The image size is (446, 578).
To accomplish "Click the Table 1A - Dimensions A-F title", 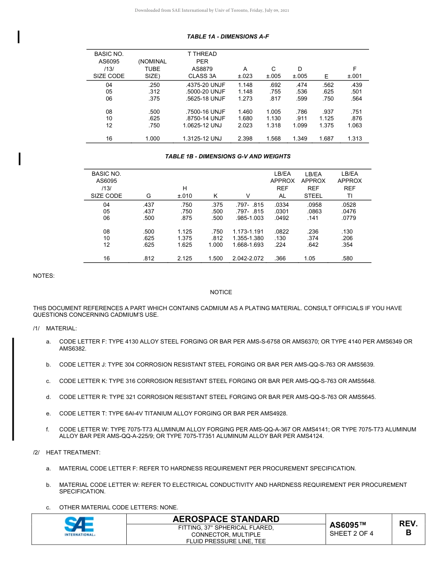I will click(x=228, y=36).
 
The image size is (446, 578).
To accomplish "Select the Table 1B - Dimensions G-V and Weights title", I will click(x=228, y=156).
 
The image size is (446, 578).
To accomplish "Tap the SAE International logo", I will click(x=79, y=526).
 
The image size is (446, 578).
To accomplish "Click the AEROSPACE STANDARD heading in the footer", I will click(x=226, y=519).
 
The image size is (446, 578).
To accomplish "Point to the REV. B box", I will click(x=408, y=528).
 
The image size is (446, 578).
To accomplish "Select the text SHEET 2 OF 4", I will click(x=351, y=533).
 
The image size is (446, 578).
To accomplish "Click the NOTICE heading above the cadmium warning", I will click(x=221, y=292).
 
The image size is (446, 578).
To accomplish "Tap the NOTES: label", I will click(x=44, y=276).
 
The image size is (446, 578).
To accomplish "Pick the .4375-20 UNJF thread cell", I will click(x=206, y=85).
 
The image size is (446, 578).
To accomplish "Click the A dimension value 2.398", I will click(x=245, y=139).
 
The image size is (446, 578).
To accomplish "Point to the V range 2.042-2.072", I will click(x=248, y=258).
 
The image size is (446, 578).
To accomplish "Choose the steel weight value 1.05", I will click(x=309, y=258).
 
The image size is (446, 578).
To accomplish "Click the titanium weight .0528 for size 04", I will click(x=349, y=205).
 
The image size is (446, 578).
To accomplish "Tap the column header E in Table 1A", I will click(x=326, y=77).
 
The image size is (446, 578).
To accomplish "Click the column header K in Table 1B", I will click(x=215, y=196).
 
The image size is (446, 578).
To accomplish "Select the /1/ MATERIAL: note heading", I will click(x=55, y=328).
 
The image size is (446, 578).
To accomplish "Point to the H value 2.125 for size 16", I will click(x=185, y=258).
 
